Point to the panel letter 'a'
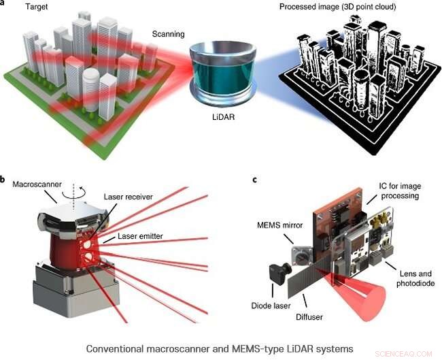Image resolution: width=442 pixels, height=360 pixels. pyautogui.click(x=5, y=3)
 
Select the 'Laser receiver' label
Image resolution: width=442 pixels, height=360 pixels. pyautogui.click(x=128, y=197)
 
